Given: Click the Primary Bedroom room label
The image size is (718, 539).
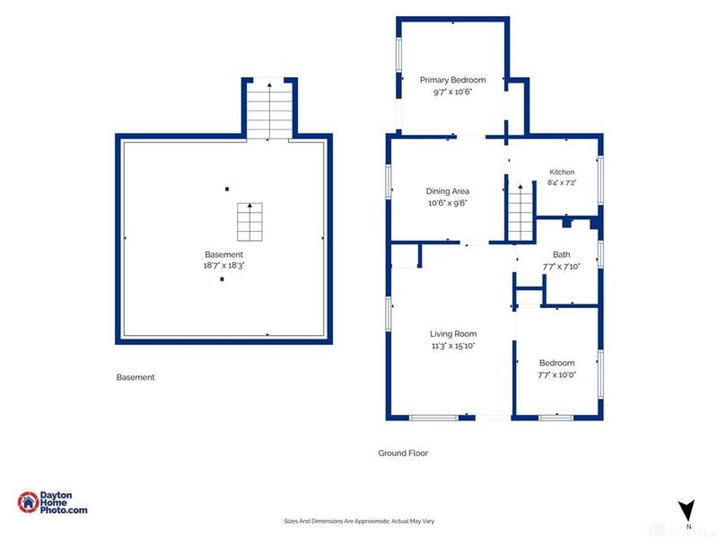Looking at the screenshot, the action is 452,80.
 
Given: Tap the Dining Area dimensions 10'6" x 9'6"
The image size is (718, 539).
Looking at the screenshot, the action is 447,203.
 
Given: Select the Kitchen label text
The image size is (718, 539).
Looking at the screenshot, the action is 562,172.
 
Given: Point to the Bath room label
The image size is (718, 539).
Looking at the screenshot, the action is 562,254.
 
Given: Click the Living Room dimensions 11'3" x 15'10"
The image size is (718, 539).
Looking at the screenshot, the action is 453,346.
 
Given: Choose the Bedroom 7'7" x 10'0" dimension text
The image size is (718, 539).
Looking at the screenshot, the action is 556,375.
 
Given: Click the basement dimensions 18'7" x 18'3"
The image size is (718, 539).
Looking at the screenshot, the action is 223,265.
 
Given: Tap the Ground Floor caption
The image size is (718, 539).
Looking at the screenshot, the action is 403,453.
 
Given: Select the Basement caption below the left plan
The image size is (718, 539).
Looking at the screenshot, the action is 136,377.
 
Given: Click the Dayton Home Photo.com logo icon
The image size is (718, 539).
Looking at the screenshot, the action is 29,502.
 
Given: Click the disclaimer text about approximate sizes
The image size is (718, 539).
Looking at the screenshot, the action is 359,521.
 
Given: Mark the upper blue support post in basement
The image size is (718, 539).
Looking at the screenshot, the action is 227,189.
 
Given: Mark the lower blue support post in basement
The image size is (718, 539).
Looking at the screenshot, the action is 222,278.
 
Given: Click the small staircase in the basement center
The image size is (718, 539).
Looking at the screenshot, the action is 250,222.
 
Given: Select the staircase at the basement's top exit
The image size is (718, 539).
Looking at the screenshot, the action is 269,110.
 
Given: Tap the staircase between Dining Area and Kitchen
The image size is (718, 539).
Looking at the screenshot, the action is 521,212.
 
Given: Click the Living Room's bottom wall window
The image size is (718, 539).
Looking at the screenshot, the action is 433,418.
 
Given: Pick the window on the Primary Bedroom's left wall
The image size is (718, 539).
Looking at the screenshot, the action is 398,55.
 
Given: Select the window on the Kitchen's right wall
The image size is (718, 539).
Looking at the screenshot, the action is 600,180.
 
